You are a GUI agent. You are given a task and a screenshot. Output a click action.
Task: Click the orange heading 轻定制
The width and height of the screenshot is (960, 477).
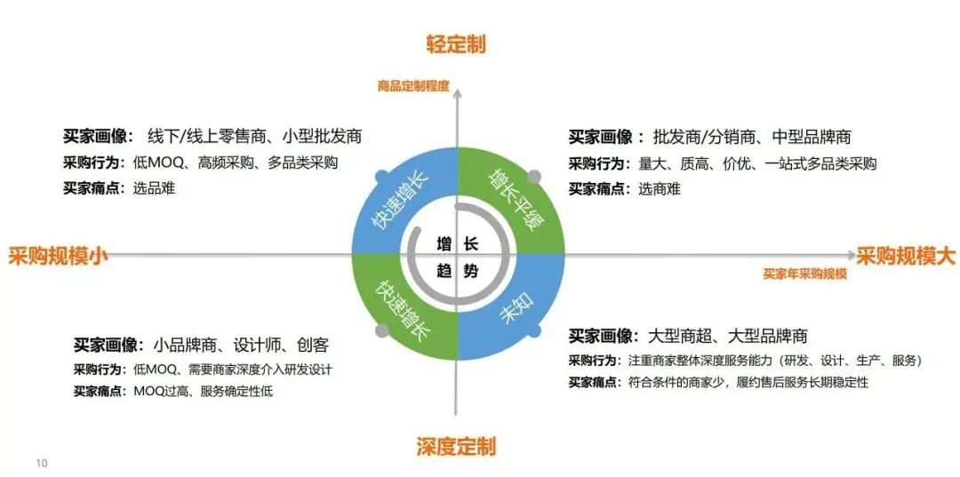click(456, 44)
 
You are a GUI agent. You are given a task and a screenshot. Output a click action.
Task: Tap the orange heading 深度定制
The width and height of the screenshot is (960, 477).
click(456, 447)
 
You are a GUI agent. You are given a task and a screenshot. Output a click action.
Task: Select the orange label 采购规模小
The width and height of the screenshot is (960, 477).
click(59, 257)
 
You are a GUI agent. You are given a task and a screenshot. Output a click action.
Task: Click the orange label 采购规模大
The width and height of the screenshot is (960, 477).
click(906, 257)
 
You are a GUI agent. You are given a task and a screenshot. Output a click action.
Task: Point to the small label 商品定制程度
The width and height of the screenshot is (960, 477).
click(413, 87)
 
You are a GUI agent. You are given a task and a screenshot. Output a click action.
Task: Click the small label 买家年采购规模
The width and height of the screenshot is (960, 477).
click(804, 274)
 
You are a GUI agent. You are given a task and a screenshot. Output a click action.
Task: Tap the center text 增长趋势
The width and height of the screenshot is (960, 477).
click(458, 257)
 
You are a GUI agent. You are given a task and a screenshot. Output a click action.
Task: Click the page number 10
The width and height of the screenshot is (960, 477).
click(41, 463)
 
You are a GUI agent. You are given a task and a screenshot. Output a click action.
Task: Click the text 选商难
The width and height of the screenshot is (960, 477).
click(660, 188)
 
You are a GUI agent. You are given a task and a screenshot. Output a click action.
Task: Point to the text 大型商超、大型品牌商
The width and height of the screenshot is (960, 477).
click(729, 337)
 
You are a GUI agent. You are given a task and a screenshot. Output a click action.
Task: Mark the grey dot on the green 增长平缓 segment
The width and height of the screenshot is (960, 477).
click(533, 176)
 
